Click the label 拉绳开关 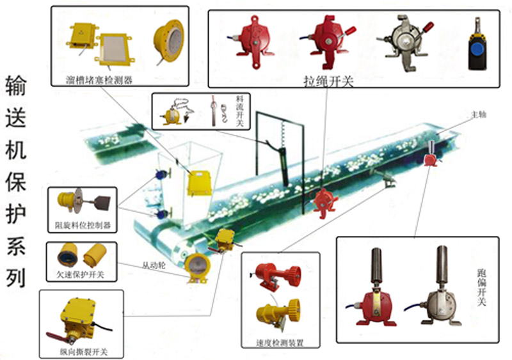(x=328, y=82)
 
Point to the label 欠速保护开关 (x=80, y=276)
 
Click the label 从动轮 (x=154, y=264)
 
